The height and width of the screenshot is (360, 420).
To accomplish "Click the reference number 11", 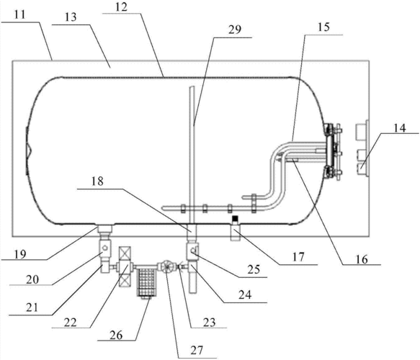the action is [20, 14].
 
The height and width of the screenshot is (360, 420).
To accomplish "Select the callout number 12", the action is [121, 7].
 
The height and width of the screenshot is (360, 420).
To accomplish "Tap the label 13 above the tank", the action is [71, 17].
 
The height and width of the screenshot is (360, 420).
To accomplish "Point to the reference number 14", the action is [400, 128].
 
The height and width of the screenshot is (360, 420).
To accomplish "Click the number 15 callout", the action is [324, 27].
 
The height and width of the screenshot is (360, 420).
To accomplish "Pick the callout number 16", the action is [362, 259].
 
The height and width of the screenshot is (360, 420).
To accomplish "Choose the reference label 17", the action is [299, 257].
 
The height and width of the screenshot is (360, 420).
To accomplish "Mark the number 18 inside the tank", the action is [97, 181].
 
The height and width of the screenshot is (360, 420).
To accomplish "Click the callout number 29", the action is [235, 30].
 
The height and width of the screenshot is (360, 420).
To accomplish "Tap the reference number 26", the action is [116, 335].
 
